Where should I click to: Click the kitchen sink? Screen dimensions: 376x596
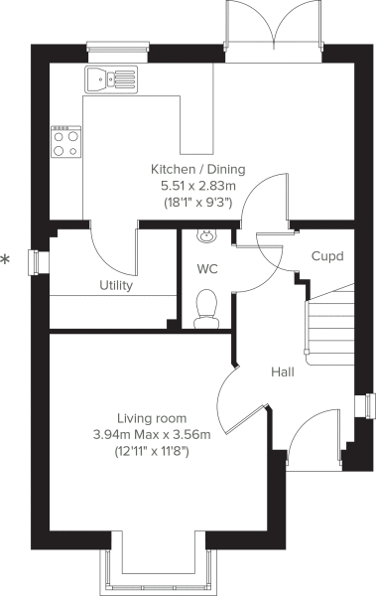(111, 79)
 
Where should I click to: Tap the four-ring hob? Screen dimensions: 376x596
(66, 142)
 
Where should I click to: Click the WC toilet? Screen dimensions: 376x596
(206, 309)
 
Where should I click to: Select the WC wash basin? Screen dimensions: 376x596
(207, 235)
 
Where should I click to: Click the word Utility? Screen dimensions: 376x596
(116, 285)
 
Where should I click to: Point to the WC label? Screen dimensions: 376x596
(207, 269)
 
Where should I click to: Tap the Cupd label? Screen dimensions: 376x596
(327, 256)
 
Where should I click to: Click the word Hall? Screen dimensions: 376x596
(283, 372)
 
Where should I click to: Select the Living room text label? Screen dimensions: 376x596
(152, 418)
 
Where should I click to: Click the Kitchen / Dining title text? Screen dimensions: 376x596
(198, 169)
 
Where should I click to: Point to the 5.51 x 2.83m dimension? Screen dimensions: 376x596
(198, 187)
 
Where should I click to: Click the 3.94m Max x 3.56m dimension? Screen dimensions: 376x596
(152, 434)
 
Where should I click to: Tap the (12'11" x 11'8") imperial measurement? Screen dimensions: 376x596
(152, 452)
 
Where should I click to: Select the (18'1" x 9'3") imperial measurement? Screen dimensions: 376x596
(198, 203)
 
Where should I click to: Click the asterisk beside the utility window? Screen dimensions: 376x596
(5, 260)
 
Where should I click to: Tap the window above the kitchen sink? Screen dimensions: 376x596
(117, 51)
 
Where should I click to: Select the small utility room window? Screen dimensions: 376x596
(38, 262)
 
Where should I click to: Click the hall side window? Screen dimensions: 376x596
(365, 406)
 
